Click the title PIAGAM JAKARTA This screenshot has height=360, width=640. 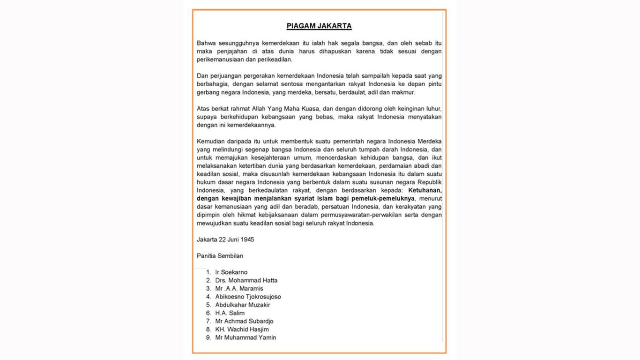point(319,26)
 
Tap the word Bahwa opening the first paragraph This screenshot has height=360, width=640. point(206,43)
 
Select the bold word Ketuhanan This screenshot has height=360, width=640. point(424,190)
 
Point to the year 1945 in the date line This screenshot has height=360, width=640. point(247,240)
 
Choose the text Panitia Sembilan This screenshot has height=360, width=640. point(220,256)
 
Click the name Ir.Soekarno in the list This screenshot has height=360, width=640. point(231,272)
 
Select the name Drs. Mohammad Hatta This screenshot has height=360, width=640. point(246,280)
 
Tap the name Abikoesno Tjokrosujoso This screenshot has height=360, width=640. point(248,297)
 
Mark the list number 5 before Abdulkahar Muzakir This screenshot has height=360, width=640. point(208,305)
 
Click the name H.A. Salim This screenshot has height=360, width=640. point(230,313)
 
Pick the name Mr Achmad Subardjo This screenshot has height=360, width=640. point(244,321)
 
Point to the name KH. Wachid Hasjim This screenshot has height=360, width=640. point(242,330)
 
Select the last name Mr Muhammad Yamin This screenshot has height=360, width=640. point(246,337)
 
